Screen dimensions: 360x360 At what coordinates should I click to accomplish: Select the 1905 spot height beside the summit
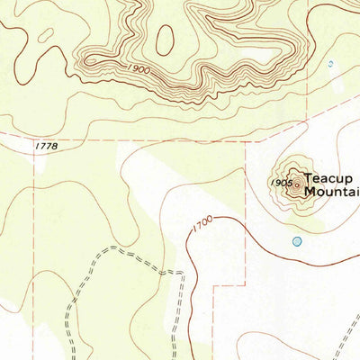click(x=280, y=183)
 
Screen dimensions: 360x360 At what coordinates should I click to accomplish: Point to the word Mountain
click(x=332, y=192)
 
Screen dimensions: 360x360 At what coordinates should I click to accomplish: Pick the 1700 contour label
click(x=202, y=224)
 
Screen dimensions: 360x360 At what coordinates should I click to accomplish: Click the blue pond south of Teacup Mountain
click(x=297, y=241)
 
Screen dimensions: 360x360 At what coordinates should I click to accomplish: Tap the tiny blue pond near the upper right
click(x=329, y=64)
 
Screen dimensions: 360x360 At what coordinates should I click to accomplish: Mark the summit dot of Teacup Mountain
click(x=297, y=185)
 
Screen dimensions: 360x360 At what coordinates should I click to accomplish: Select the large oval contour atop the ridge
click(x=164, y=39)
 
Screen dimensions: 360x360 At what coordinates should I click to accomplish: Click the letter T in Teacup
click(x=308, y=178)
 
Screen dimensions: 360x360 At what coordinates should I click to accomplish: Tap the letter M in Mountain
click(x=310, y=192)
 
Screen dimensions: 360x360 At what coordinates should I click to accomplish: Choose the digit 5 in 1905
click(x=288, y=183)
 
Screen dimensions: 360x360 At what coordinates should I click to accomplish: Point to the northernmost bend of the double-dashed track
click(x=117, y=247)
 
